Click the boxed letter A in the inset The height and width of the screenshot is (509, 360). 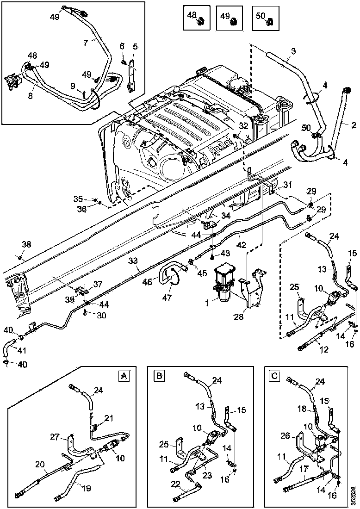pos(124,376)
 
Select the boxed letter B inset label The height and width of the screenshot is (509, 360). pos(159,376)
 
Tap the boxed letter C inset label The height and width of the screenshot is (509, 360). pos(274,376)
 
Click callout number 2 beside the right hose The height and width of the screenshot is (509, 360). pos(353,124)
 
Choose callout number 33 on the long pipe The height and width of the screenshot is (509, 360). pos(133,261)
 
